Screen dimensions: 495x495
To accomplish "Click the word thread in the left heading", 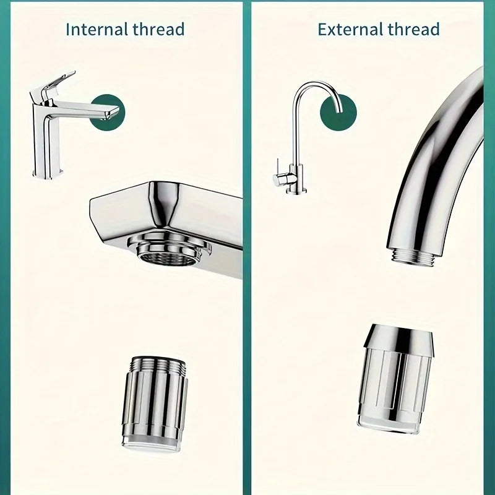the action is (158, 29).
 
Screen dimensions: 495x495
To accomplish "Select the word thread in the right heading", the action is (414, 29).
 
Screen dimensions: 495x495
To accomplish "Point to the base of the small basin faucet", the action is (48, 173).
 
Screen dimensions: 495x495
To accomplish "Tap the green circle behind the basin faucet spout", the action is (108, 113).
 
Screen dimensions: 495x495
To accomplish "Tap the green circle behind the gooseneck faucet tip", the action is (338, 113).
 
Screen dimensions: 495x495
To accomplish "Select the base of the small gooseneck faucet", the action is (296, 191).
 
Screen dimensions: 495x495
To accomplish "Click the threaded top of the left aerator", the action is (158, 363).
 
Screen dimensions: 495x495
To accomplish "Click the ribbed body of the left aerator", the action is (155, 403).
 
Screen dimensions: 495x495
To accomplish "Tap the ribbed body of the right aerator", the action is (395, 382).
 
